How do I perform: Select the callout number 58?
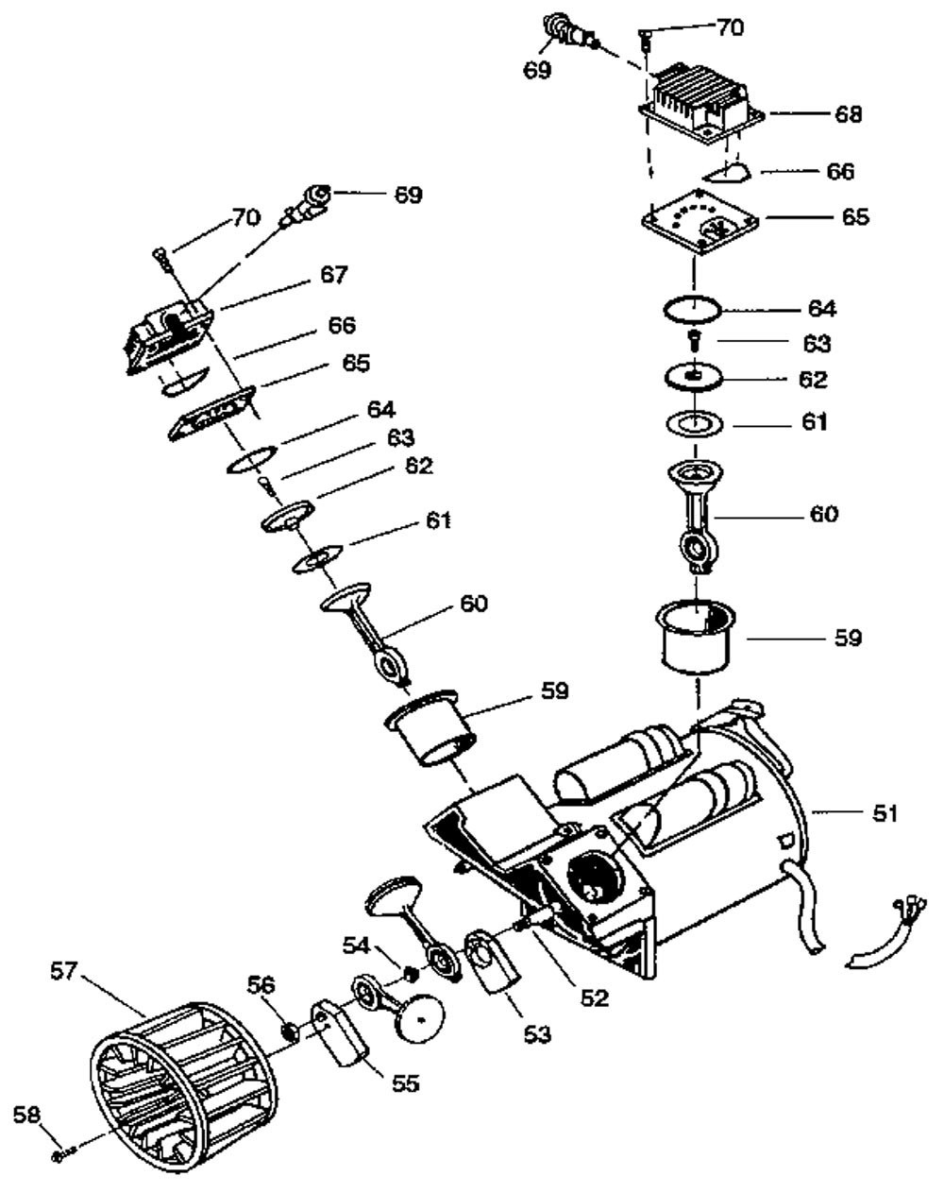coord(26,1116)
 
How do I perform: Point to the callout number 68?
coord(848,114)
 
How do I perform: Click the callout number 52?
coord(596,997)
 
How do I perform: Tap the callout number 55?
coord(405,1083)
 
